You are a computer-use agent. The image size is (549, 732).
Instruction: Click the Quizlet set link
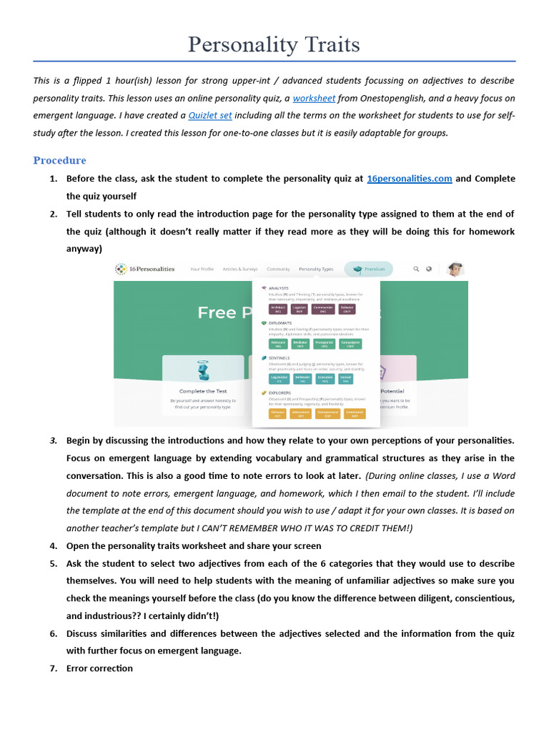(210, 115)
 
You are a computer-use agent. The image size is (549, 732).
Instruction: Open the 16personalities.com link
(409, 179)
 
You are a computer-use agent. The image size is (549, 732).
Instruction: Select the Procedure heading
(59, 160)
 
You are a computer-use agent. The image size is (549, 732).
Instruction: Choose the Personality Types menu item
(316, 269)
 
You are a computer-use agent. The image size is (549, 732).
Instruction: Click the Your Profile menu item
(204, 269)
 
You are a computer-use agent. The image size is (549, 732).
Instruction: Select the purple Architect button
(278, 309)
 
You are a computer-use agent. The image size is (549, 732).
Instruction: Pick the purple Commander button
(323, 309)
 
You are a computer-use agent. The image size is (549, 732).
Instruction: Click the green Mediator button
(301, 343)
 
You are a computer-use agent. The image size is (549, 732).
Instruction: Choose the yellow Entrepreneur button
(327, 413)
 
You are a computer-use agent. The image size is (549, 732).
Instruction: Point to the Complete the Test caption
(203, 391)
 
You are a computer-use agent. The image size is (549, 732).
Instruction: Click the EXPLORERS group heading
(280, 392)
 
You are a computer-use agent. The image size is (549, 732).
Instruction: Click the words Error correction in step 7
(99, 668)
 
